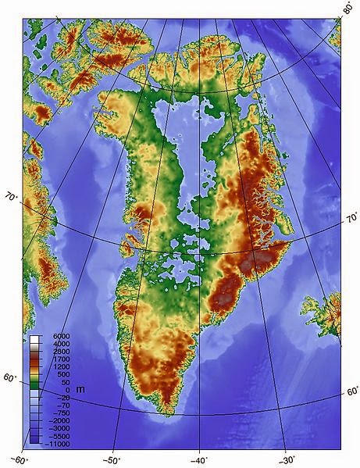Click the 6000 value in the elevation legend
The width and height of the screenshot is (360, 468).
[62, 337]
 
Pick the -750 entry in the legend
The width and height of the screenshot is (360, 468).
[62, 414]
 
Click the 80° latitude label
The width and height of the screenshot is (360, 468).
[348, 8]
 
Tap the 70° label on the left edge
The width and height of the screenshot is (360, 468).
[12, 198]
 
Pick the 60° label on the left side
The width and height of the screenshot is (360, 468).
[9, 378]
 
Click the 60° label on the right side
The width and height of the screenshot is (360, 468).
[351, 391]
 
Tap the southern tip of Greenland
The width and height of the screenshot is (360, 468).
[167, 412]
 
